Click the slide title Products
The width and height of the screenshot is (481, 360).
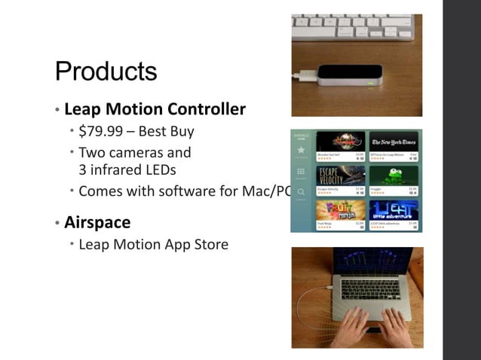[x=106, y=72]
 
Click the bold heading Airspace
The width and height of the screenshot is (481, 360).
[x=97, y=223]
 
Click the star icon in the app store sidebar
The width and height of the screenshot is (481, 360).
[x=302, y=150]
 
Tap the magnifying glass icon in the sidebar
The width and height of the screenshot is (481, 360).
[x=302, y=191]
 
